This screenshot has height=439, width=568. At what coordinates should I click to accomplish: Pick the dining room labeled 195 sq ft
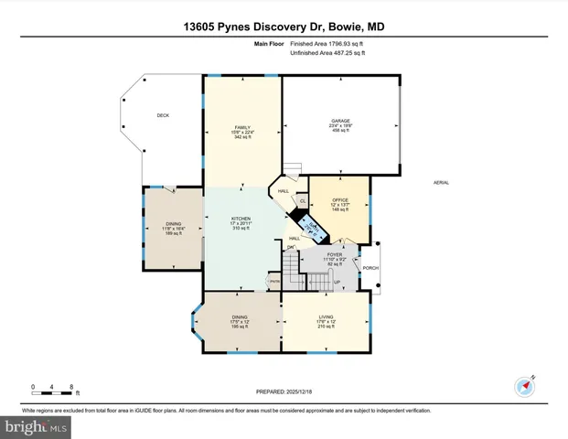pyautogui.click(x=241, y=319)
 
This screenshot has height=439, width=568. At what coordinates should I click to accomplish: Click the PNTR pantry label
pyautogui.click(x=273, y=282)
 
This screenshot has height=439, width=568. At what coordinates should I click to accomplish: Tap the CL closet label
pyautogui.click(x=303, y=200)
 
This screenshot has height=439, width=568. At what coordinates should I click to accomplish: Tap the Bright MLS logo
pyautogui.click(x=35, y=427)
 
